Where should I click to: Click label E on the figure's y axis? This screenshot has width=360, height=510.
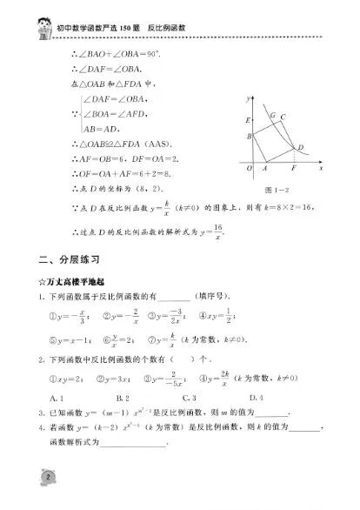pyautogui.click(x=249, y=119)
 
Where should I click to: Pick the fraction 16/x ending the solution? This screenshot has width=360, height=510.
pyautogui.click(x=218, y=231)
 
